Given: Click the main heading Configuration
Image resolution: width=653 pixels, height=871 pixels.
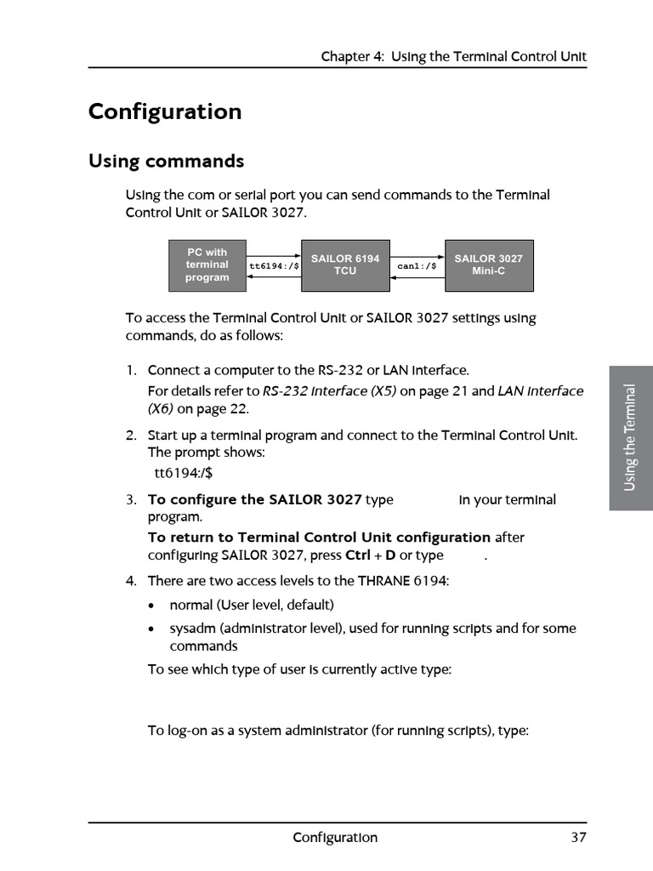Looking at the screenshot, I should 165,112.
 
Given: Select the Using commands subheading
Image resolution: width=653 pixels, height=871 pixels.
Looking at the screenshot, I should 166,162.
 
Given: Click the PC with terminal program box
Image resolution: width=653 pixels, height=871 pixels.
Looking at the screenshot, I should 207,265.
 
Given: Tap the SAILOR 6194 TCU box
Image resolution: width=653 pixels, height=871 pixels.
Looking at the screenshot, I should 344,265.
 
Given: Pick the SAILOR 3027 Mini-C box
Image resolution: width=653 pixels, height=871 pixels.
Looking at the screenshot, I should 488,265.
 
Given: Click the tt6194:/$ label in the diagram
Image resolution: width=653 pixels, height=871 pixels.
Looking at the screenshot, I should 274,266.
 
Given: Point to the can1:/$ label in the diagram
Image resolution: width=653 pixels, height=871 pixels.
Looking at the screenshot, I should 417,266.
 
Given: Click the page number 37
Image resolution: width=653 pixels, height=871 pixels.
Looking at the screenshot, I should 578,838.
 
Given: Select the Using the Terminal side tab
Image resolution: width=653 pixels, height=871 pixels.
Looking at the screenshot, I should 630,438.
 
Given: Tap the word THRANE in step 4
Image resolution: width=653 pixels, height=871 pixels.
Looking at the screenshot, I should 383,581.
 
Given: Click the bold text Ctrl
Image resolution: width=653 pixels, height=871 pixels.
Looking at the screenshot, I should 357,555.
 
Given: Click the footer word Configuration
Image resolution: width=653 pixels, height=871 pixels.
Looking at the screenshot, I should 335,838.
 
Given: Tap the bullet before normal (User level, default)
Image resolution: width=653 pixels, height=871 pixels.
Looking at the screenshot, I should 151,606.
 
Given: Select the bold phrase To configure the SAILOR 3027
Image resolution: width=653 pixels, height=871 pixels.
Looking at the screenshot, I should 255,500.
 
